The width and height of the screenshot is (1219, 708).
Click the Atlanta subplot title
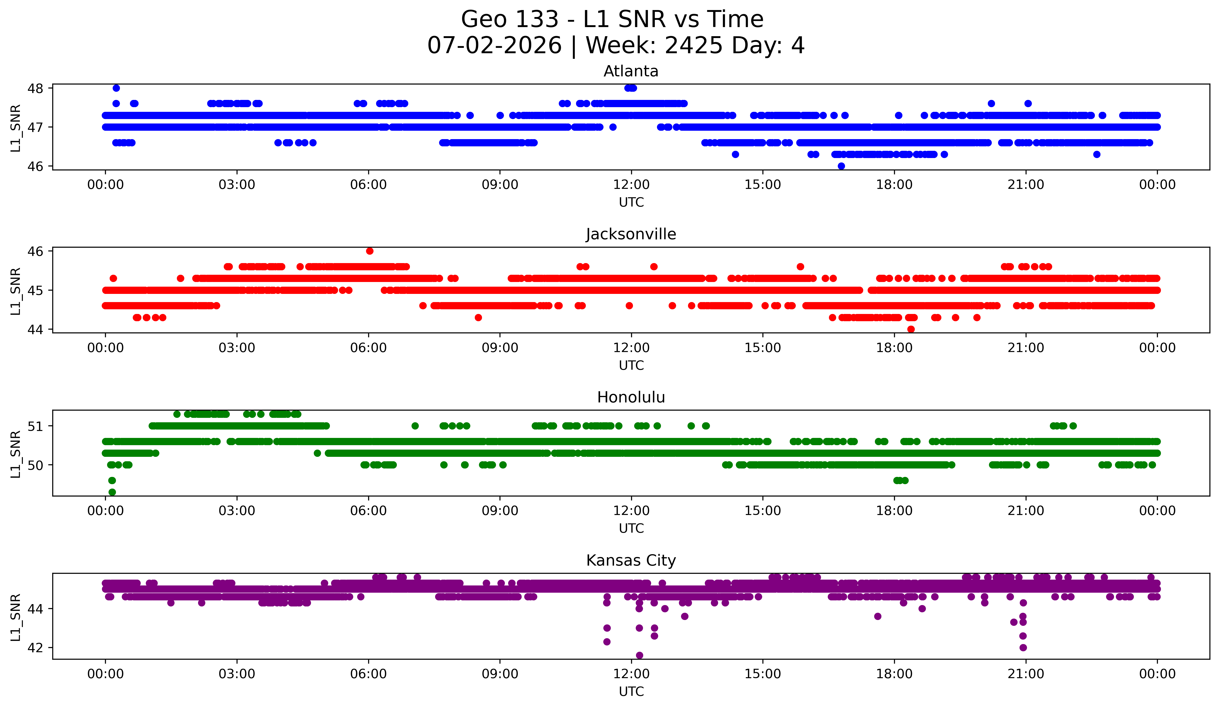pos(631,71)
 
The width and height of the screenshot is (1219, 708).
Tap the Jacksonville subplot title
pos(631,234)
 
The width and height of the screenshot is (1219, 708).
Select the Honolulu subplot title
pos(631,397)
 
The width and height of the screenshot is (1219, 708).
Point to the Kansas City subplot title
pos(631,560)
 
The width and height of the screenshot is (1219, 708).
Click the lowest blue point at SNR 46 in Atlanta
pos(841,166)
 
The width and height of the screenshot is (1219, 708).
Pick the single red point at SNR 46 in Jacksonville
pos(370,251)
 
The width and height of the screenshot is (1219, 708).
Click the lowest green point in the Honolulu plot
pos(112,492)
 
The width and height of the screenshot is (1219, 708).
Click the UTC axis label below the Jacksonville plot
pos(631,365)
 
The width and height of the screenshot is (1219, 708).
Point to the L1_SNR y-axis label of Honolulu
pos(15,454)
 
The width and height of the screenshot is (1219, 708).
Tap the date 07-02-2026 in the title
pos(494,46)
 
